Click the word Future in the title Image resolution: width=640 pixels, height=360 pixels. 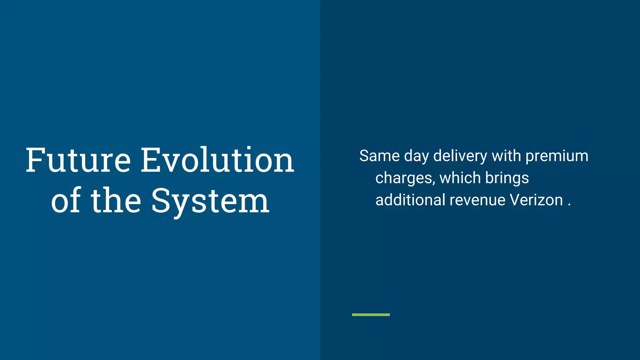(78, 160)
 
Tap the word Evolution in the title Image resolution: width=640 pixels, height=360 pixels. (217, 160)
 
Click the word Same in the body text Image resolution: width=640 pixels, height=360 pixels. (379, 156)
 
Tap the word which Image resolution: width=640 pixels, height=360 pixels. (460, 178)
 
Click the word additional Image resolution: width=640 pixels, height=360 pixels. (410, 200)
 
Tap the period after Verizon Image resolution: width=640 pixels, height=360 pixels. (569, 205)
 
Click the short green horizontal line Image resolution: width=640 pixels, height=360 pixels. (371, 315)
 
